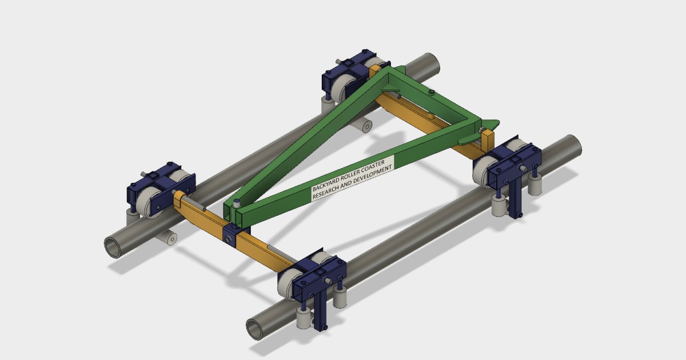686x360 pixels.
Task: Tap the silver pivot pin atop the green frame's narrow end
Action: [x=234, y=202]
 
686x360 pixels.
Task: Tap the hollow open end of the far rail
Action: [x=114, y=246]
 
